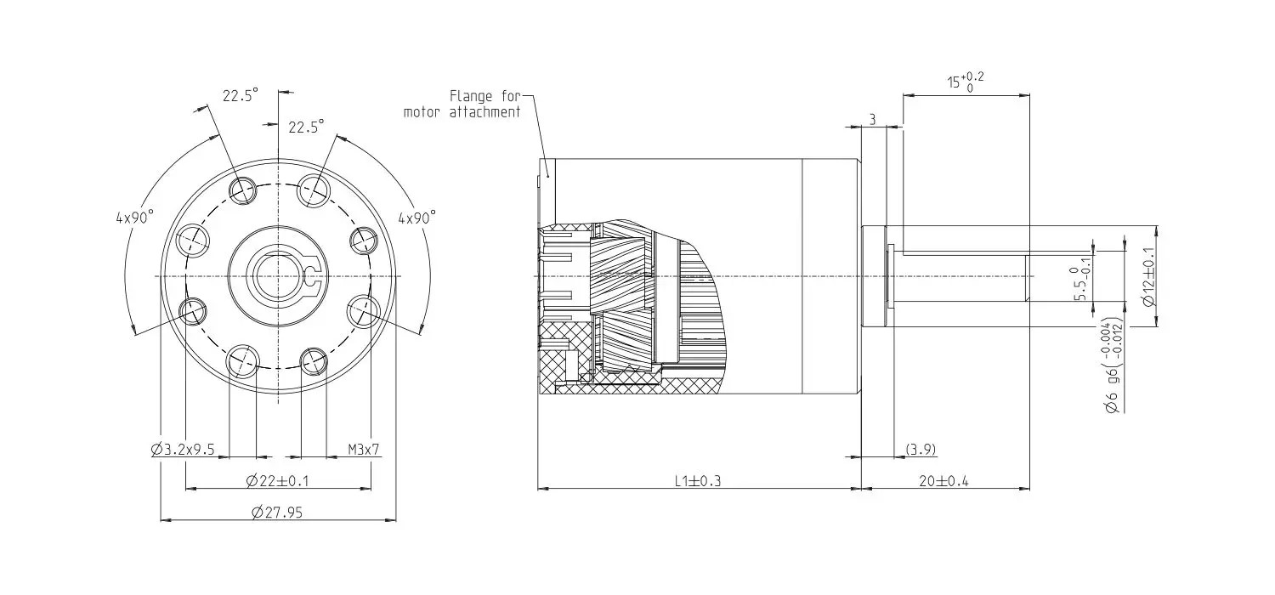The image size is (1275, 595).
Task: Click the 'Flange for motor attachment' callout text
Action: (463, 104)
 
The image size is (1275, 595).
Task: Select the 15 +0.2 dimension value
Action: (966, 83)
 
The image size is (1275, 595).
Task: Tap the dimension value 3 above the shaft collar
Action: (872, 119)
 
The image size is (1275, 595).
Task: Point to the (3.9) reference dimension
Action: (921, 448)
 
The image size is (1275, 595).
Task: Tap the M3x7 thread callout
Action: (363, 449)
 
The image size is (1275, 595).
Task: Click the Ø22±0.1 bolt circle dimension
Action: (277, 481)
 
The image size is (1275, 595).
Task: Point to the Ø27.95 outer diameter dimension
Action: (277, 512)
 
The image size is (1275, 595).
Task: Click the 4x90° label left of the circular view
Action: (134, 217)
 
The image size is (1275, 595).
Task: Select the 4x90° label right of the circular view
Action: (416, 217)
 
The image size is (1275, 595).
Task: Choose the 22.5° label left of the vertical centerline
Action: (240, 96)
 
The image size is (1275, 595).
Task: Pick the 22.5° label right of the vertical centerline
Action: (306, 127)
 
